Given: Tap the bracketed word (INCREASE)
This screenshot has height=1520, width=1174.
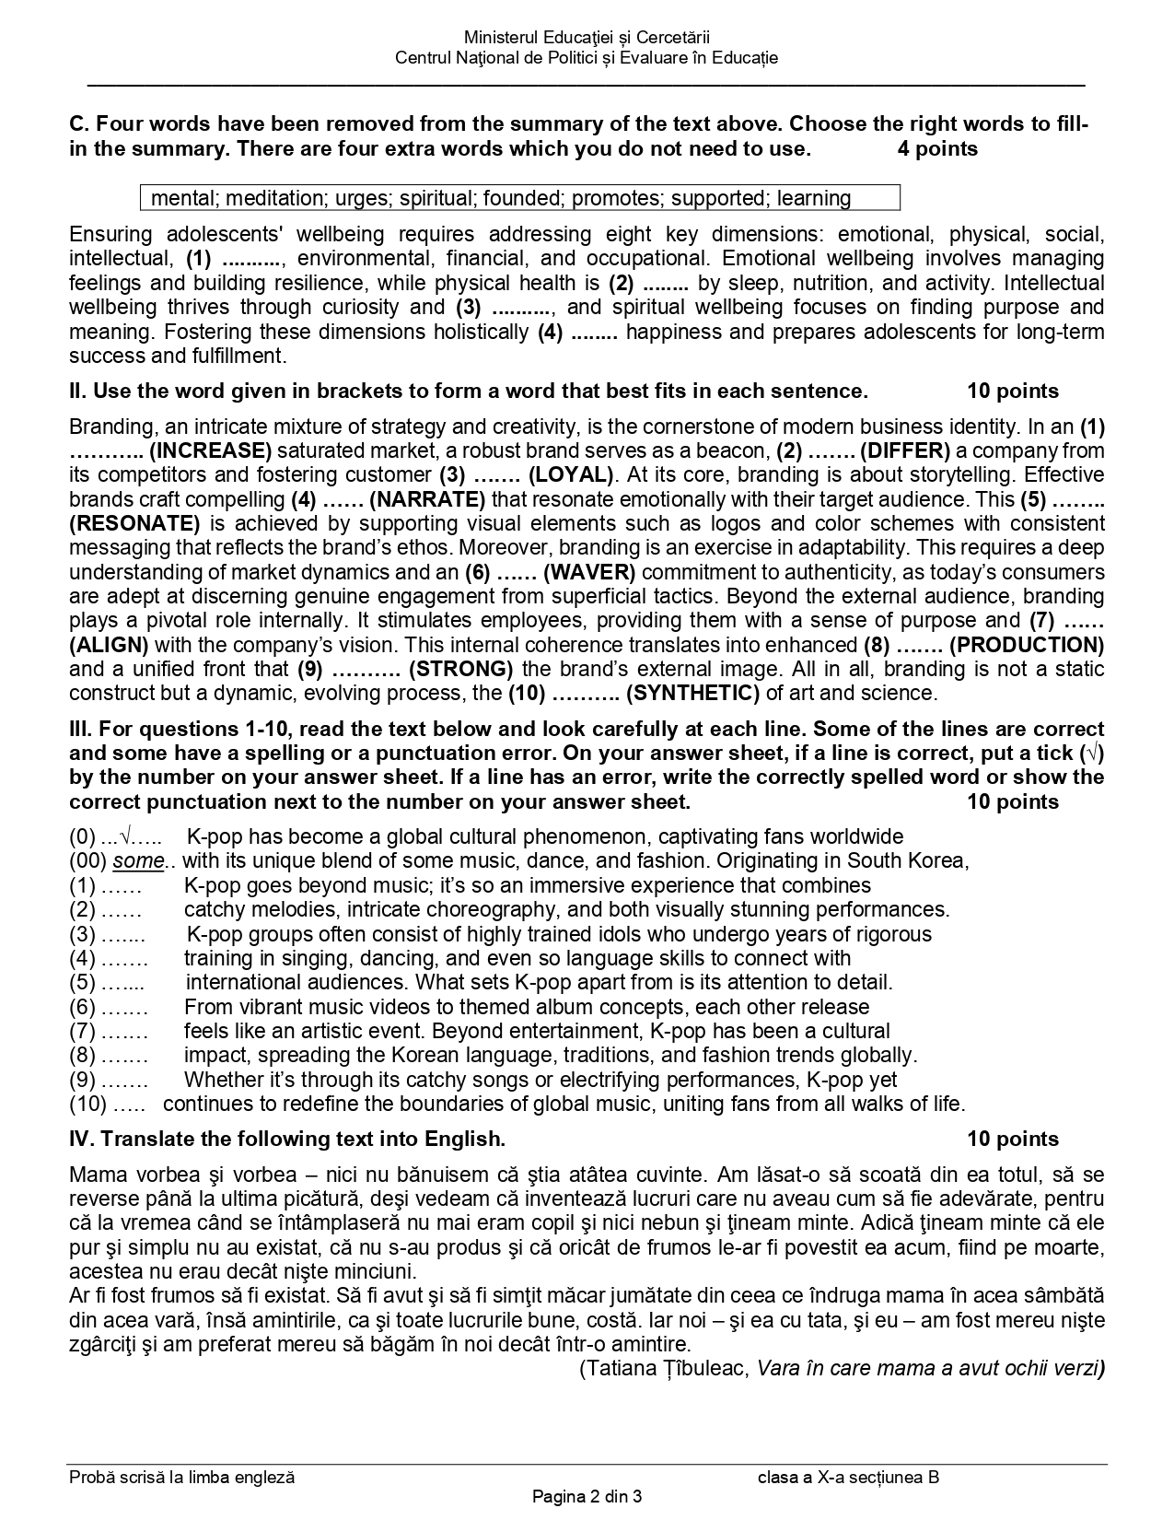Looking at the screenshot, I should click(x=210, y=450).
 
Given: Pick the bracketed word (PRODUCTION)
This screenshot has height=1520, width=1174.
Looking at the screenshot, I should click(x=1027, y=645).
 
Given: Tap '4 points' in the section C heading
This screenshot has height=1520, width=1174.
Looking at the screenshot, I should click(x=937, y=149).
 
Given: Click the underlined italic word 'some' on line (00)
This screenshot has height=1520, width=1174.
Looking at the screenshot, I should click(x=138, y=861).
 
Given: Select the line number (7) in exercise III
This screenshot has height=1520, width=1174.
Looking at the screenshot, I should click(x=82, y=1031).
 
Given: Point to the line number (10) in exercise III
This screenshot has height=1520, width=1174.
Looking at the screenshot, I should click(x=87, y=1104).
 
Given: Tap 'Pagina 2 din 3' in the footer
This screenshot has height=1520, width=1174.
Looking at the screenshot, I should click(x=587, y=1496).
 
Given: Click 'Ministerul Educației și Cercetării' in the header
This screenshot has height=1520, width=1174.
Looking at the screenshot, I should click(x=587, y=38).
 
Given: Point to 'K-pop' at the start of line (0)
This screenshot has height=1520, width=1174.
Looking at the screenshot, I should click(x=215, y=837).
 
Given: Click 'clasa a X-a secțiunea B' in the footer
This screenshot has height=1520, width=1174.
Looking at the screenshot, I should click(x=847, y=1478).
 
